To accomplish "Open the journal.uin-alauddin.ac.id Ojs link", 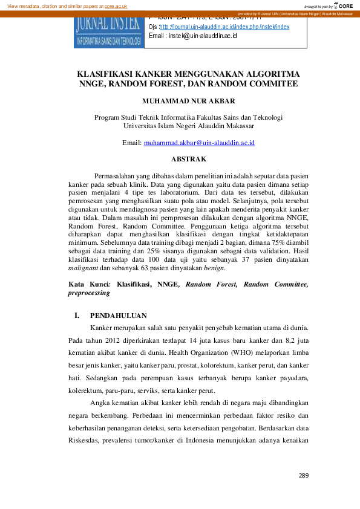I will [224, 27].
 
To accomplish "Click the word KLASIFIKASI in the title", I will [105, 74].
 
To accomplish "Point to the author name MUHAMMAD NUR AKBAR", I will [188, 100].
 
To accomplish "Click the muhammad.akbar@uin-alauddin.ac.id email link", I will [199, 143].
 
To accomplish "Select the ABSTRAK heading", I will [188, 159].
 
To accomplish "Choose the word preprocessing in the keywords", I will [89, 293].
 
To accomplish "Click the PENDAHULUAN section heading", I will [118, 316].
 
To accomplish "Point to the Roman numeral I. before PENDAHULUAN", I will [77, 316].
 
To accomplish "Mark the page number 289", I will [303, 476].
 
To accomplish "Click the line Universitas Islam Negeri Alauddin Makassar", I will [188, 126].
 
